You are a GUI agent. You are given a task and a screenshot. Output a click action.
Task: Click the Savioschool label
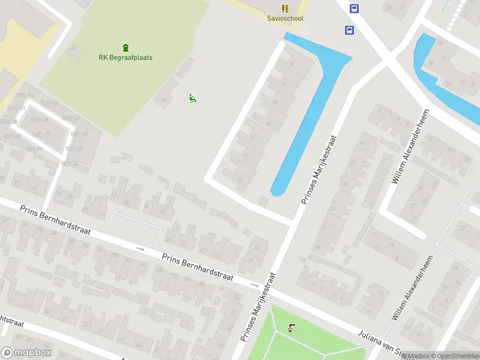click(285, 19)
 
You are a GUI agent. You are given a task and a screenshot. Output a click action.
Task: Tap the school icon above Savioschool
click(285, 8)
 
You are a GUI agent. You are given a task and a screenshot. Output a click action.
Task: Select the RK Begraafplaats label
click(125, 58)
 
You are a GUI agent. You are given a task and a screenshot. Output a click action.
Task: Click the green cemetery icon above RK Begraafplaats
click(125, 47)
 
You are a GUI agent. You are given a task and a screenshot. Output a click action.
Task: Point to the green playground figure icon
click(193, 98)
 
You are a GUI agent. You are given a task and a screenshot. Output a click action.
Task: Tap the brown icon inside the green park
click(292, 328)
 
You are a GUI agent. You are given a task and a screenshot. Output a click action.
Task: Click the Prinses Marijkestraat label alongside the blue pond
click(318, 170)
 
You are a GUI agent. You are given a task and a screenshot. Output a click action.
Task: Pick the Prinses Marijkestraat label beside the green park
click(259, 307)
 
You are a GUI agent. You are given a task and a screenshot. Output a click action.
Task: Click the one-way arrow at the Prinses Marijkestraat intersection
click(254, 285)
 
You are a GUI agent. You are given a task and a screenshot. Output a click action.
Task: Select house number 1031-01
click(33, 149)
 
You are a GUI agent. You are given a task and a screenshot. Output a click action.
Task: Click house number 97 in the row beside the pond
click(292, 64)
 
